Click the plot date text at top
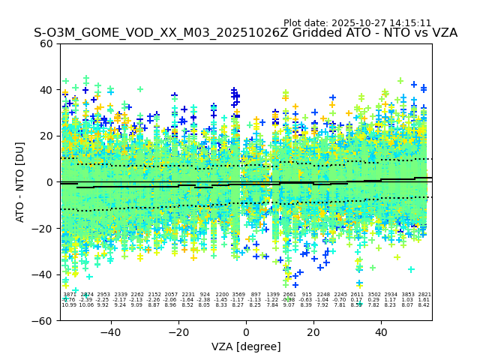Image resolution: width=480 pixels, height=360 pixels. (x=357, y=23)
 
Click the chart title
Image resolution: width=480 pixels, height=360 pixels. (x=245, y=33)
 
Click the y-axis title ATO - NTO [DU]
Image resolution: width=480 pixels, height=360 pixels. (x=20, y=182)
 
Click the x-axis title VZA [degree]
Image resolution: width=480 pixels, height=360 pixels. (x=245, y=346)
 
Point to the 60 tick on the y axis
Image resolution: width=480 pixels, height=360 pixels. (x=47, y=43)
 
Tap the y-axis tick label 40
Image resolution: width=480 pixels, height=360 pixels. (x=47, y=90)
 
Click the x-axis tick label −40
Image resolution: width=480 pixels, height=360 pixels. (x=110, y=332)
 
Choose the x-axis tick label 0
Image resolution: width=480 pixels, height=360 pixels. (x=246, y=332)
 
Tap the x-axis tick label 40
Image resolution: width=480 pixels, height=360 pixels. (x=381, y=332)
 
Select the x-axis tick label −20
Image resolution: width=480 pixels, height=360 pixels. (x=178, y=332)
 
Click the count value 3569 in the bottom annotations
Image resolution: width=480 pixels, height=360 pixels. (x=238, y=295)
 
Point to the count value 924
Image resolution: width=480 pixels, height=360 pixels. (x=205, y=295)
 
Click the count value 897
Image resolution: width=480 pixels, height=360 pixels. (x=256, y=295)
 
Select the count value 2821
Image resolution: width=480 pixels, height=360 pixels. (x=424, y=295)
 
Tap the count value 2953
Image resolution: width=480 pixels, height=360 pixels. (x=103, y=295)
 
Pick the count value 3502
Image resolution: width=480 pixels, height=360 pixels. (x=373, y=295)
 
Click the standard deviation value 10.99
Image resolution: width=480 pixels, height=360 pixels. (x=69, y=305)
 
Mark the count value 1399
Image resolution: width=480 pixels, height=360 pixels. (x=272, y=295)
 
